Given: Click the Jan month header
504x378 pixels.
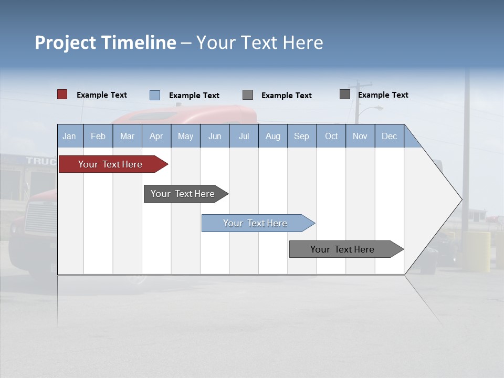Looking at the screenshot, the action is [69, 136].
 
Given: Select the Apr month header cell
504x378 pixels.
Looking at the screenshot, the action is [156, 136].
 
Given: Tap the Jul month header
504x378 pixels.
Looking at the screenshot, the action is [244, 136].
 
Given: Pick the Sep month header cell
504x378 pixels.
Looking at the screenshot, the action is [301, 136].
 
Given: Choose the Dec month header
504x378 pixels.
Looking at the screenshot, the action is [389, 136].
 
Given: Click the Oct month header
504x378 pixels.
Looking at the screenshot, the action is [331, 136].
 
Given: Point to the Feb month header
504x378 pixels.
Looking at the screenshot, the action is [98, 136].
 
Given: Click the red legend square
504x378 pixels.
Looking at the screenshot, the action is [62, 94].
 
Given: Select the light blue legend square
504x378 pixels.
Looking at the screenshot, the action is [155, 95].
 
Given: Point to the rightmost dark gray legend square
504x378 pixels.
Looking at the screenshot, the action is [345, 94].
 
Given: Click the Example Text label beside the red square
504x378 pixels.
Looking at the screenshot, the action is [102, 95].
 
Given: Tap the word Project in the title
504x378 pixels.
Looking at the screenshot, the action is [65, 43].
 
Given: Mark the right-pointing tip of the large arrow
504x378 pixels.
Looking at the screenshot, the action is [460, 199].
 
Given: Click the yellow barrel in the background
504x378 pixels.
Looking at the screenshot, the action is [476, 251].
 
